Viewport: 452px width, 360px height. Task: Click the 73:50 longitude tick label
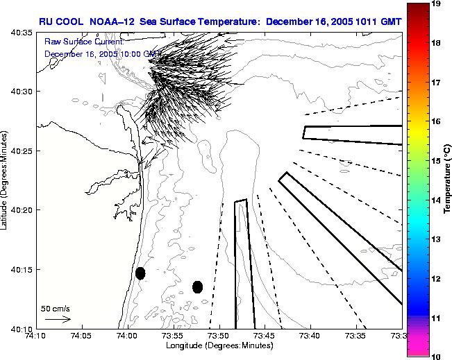pos(219,336)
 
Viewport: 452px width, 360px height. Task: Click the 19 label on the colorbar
pos(437,3)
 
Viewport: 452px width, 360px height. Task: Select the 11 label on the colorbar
pos(437,318)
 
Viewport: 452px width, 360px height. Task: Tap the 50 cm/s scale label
pos(54,307)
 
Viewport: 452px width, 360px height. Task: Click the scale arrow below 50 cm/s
pos(58,319)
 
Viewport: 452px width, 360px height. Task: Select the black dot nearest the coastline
pos(140,273)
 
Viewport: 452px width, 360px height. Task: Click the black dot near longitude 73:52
pos(197,286)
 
